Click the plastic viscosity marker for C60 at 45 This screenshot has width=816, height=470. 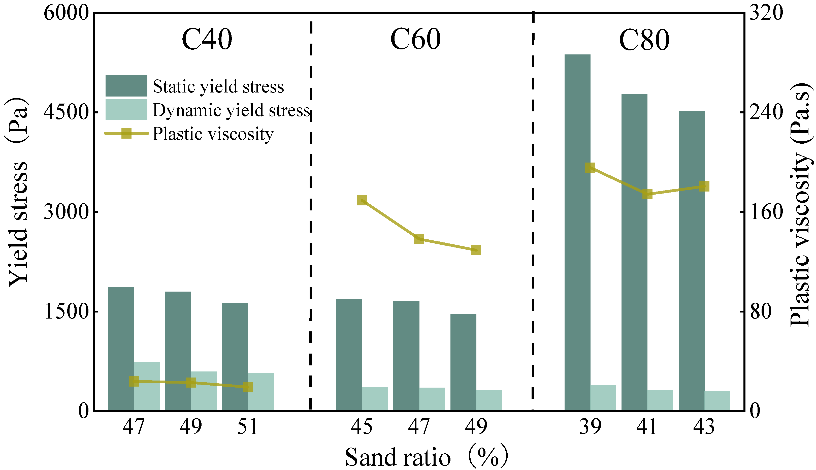coord(362,200)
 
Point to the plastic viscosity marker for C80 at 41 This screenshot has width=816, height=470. coord(647,194)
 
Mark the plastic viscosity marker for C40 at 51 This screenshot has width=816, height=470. coord(248,387)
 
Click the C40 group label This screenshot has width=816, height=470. coord(207,39)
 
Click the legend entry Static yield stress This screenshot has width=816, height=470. coord(218,86)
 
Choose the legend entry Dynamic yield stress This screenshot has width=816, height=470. coord(231,110)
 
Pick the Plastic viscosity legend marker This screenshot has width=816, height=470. coord(126,133)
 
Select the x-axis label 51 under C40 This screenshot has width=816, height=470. coord(247,427)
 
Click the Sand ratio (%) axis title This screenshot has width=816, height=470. coord(426,456)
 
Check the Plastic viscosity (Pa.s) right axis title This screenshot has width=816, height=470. coord(800,207)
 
